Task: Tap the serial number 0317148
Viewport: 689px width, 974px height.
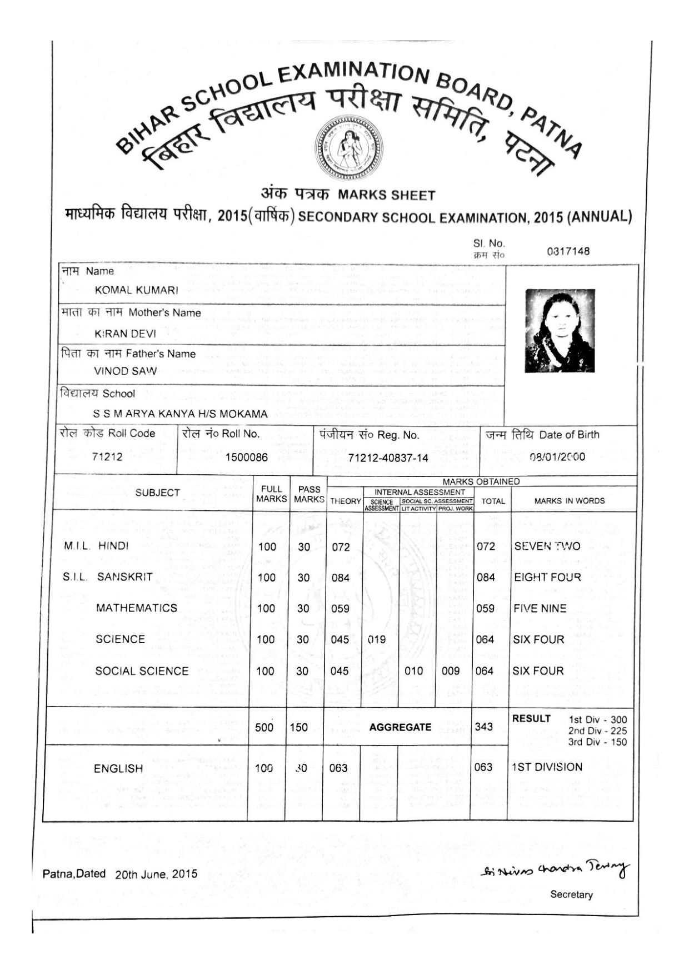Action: pyautogui.click(x=568, y=251)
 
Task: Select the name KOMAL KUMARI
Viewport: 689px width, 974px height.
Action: pyautogui.click(x=137, y=290)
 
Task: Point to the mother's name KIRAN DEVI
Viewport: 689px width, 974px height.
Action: pyautogui.click(x=126, y=334)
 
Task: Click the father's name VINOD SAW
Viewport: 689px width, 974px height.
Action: pyautogui.click(x=126, y=371)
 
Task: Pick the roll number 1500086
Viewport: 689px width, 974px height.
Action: pyautogui.click(x=246, y=458)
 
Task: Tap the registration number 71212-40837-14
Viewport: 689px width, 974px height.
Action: pyautogui.click(x=388, y=458)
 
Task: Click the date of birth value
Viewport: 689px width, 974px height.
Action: pyautogui.click(x=557, y=457)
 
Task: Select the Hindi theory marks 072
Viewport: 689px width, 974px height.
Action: pyautogui.click(x=341, y=547)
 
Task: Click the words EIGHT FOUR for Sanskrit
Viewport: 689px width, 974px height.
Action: pyautogui.click(x=547, y=577)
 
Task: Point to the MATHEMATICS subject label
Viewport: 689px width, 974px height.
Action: pyautogui.click(x=137, y=608)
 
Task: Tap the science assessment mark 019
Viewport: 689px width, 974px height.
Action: pyautogui.click(x=377, y=639)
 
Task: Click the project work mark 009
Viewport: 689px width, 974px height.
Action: pyautogui.click(x=451, y=671)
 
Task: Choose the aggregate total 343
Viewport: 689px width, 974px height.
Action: pyautogui.click(x=484, y=727)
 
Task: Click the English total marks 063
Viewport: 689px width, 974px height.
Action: pyautogui.click(x=483, y=767)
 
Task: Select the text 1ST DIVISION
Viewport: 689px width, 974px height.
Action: pyautogui.click(x=547, y=767)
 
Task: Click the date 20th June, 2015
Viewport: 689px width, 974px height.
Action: pyautogui.click(x=156, y=874)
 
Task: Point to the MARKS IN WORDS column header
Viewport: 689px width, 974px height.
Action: pyautogui.click(x=570, y=501)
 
